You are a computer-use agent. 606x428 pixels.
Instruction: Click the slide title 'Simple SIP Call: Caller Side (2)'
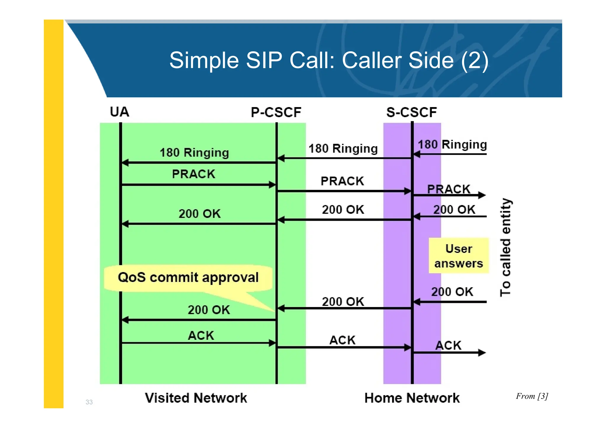coord(328,60)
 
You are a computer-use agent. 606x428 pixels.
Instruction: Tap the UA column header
coord(120,112)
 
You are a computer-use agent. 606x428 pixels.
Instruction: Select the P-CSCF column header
coord(276,112)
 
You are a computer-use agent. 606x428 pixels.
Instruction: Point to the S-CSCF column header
coord(411,112)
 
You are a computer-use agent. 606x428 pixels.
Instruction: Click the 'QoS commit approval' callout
coord(188,277)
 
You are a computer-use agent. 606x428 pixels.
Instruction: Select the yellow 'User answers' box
coord(458,256)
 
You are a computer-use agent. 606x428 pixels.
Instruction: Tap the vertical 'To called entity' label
coord(505,247)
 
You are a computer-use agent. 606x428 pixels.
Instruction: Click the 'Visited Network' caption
coord(196,398)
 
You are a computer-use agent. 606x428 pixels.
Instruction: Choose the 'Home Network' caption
coord(412,398)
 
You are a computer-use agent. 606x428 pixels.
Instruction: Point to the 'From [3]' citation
coord(532,396)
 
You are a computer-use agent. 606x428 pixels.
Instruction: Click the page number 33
coord(89,402)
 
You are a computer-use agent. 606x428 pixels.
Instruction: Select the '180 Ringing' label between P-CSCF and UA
coord(194,153)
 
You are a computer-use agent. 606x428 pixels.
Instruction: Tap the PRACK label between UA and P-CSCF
coord(194,174)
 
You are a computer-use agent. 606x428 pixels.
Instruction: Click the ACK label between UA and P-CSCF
coord(201,336)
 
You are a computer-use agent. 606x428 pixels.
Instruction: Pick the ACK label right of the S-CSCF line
coord(448,345)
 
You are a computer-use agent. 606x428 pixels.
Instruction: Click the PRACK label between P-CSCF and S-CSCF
coord(342,181)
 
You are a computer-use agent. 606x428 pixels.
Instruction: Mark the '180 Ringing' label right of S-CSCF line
coord(452,145)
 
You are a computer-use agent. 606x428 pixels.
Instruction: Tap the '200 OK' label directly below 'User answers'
coord(452,292)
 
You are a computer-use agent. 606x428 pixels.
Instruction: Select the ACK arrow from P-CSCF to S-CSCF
coord(343,347)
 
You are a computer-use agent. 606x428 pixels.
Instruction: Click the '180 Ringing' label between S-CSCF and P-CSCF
coord(343,148)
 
